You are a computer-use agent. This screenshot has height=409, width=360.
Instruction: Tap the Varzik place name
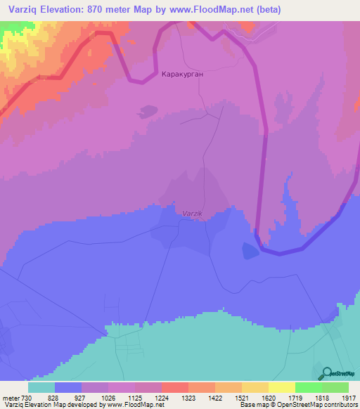click(192, 213)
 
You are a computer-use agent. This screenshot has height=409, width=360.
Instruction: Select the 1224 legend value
click(161, 397)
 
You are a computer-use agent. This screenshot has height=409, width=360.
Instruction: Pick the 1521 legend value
click(241, 397)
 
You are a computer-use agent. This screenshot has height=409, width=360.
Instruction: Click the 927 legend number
click(81, 397)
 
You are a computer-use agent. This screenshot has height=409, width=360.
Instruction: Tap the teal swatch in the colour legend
click(41, 387)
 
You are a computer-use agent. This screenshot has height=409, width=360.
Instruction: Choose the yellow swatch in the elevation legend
click(281, 387)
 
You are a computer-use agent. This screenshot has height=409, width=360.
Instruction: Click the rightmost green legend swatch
click(335, 387)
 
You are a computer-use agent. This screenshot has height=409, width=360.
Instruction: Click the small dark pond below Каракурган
click(148, 110)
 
